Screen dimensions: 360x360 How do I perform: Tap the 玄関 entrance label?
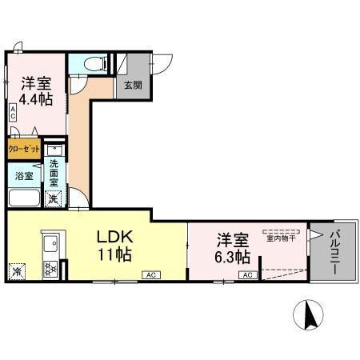[x=132, y=85]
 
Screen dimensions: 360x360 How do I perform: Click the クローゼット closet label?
[x=25, y=149]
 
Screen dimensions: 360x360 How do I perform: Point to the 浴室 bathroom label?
[x=24, y=175]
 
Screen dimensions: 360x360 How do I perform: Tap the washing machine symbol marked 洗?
[x=53, y=198]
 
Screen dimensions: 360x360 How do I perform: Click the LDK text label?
[x=114, y=238]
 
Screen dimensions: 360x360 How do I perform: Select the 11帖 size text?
[x=114, y=255]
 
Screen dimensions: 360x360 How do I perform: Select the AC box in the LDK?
[x=150, y=274]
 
